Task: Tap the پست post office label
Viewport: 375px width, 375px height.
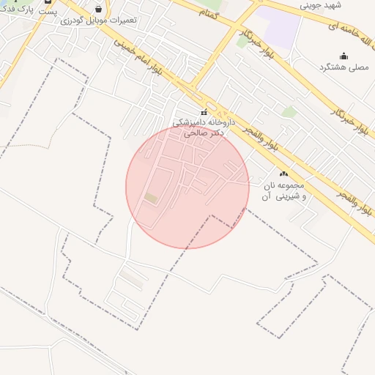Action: click(48, 13)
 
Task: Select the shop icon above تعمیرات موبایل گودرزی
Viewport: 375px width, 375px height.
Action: click(98, 10)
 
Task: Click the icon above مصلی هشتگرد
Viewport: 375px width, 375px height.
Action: click(344, 56)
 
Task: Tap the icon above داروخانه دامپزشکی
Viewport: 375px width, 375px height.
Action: click(204, 112)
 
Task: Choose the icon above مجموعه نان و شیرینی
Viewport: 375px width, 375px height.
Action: click(283, 174)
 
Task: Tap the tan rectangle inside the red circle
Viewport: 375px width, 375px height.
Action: click(151, 198)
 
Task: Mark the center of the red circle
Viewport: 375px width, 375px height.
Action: click(187, 187)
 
